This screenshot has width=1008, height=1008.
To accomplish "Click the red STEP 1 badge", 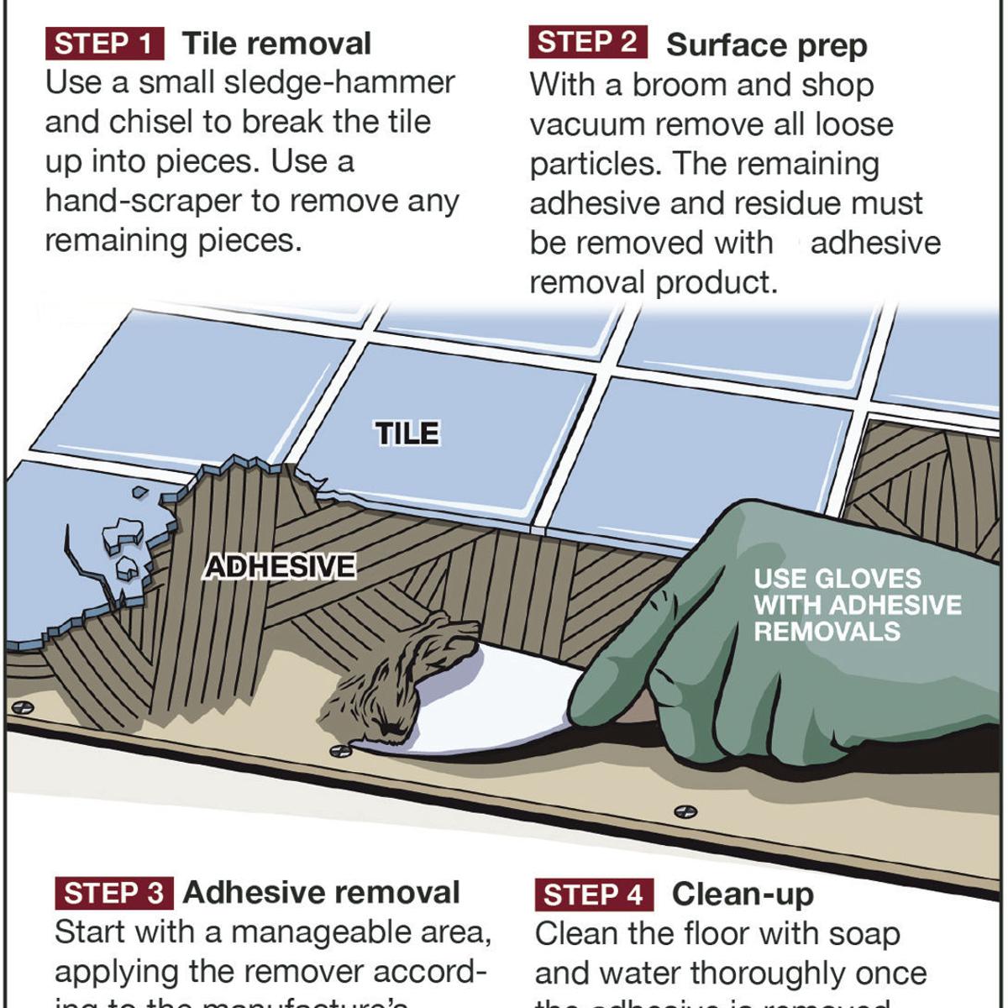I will point(104,44).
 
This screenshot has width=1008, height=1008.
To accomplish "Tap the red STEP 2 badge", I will point(587,43).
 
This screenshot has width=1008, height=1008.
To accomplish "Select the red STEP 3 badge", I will point(114,893).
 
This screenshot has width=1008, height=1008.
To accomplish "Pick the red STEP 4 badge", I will point(593,895).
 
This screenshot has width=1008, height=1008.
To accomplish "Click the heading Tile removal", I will point(276,44).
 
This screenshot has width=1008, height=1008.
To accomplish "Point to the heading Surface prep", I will point(766,45).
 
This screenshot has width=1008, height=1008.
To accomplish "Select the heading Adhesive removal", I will point(321,892).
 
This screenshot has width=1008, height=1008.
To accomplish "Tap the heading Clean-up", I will point(743,895).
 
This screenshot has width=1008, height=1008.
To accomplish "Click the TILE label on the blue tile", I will point(407,433).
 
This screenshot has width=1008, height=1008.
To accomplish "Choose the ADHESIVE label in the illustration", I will point(281,567).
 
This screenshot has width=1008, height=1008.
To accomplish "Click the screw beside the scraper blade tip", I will point(340,749).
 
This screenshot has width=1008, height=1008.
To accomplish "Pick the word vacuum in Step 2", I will point(587,124).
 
